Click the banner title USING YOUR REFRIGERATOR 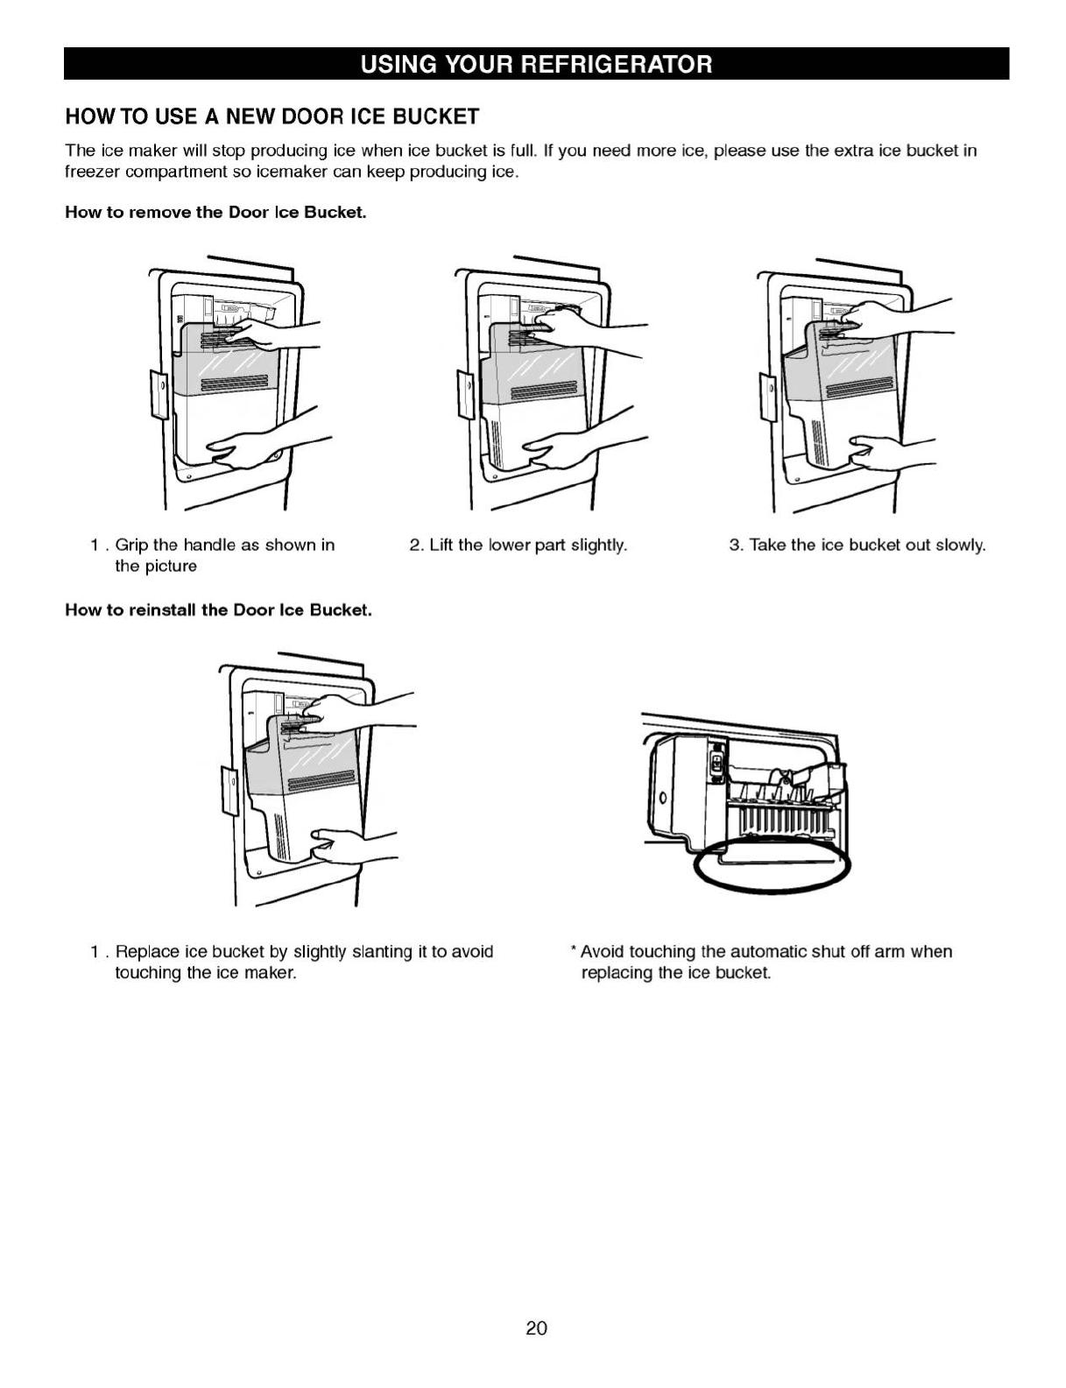coord(536,65)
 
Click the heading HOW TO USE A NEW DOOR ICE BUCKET coord(272,116)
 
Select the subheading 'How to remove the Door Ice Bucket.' coord(215,213)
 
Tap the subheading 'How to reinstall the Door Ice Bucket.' coord(218,610)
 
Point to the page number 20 coord(536,1328)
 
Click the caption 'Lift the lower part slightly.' coord(519,546)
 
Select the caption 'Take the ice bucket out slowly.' coord(858,546)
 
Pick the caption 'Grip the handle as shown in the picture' coord(214,555)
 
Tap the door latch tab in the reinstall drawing coord(229,790)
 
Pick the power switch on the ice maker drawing coord(717,760)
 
